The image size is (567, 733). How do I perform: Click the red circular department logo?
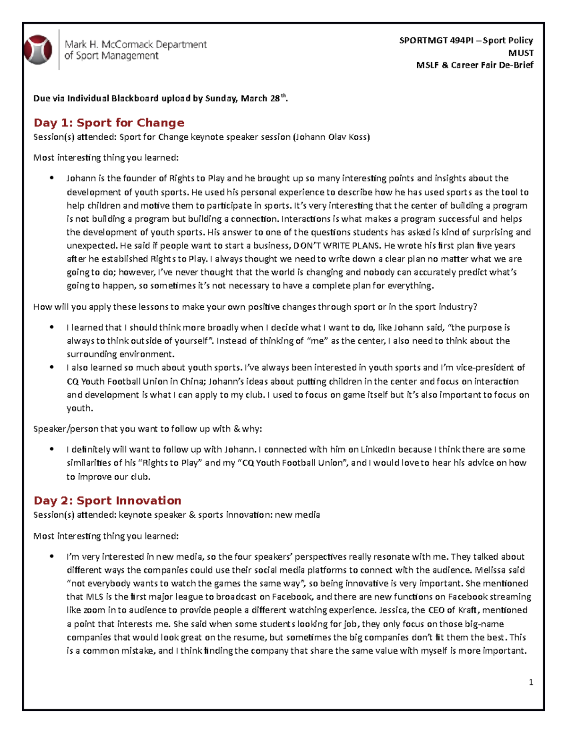tap(38, 50)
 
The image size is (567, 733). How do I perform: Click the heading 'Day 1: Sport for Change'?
tap(109, 123)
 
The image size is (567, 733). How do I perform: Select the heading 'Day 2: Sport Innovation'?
tap(107, 500)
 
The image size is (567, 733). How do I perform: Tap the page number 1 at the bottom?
tap(531, 682)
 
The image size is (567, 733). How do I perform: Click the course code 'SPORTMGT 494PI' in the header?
tap(436, 41)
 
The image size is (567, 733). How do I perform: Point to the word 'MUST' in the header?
tap(521, 53)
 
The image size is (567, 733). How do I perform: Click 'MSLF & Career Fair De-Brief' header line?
tap(474, 65)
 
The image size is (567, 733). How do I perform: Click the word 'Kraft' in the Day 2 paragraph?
tap(467, 610)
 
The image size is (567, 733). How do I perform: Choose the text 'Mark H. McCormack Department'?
tap(136, 44)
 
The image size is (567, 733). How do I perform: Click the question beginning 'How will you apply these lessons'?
tap(255, 307)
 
